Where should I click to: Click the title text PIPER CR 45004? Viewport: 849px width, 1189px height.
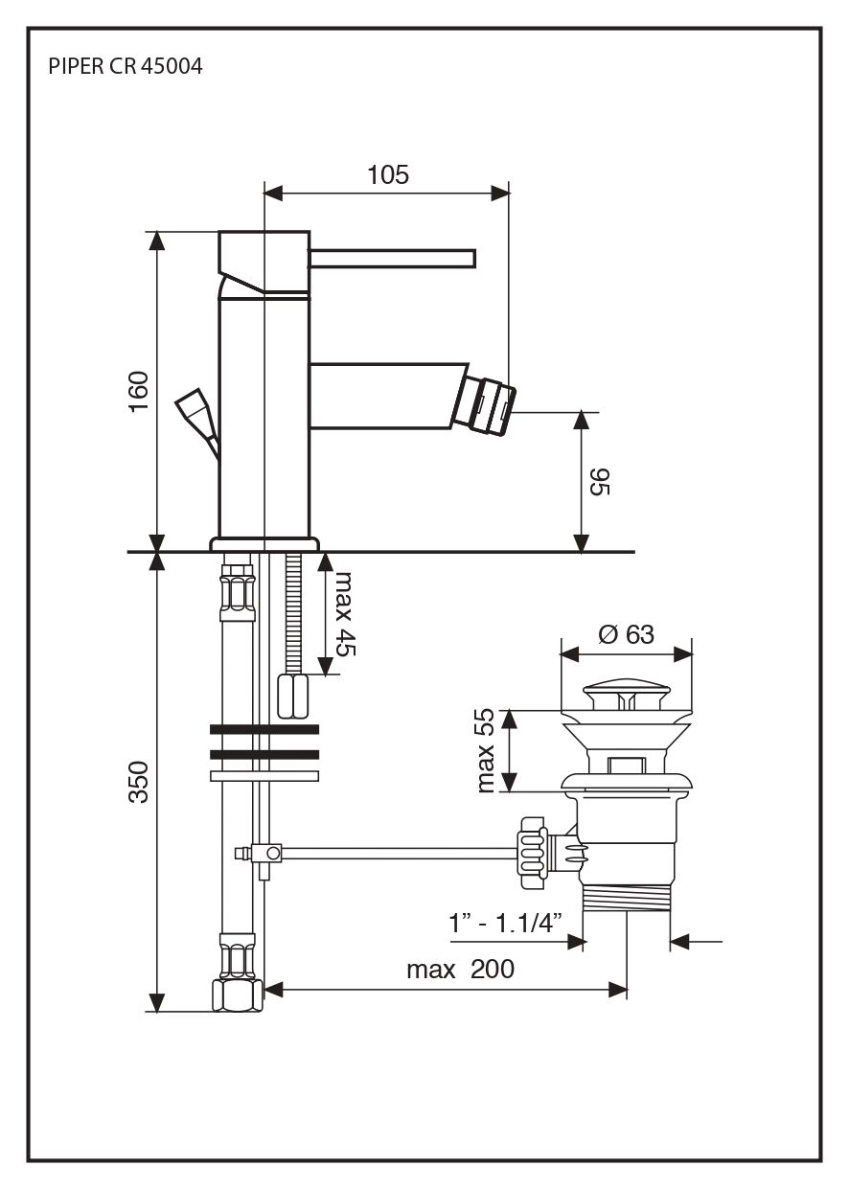[125, 68]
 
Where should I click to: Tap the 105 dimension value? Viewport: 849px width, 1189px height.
[387, 174]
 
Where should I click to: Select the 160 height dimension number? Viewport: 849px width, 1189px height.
[140, 391]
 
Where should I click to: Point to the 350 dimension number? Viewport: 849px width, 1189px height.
[140, 781]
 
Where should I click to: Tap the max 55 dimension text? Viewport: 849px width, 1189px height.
[487, 750]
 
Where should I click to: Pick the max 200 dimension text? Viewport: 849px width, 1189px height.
[460, 969]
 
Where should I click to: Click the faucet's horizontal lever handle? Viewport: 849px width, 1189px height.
[391, 257]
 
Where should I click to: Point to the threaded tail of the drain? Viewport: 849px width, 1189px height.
[626, 897]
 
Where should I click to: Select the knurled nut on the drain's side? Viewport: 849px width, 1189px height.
[531, 848]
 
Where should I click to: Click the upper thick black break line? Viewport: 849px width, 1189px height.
[264, 730]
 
